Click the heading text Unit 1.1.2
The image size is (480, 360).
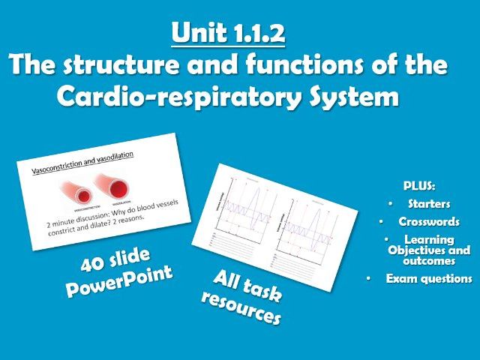point(229,34)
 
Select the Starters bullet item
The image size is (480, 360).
point(427,203)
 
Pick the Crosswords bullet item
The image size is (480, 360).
point(428,222)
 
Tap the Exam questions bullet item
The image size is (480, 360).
point(428,278)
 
